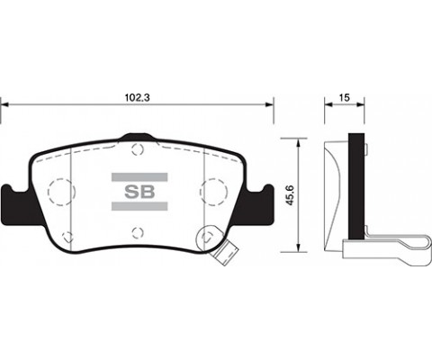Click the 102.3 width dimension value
tap(137, 97)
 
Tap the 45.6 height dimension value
tap(290, 195)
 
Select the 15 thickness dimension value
tap(345, 97)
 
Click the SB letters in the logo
tap(139, 192)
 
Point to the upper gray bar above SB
tap(139, 177)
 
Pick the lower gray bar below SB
tap(139, 206)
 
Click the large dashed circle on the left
tap(61, 192)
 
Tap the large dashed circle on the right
tap(213, 192)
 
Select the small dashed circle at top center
tap(138, 149)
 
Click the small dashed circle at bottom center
tap(138, 233)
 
